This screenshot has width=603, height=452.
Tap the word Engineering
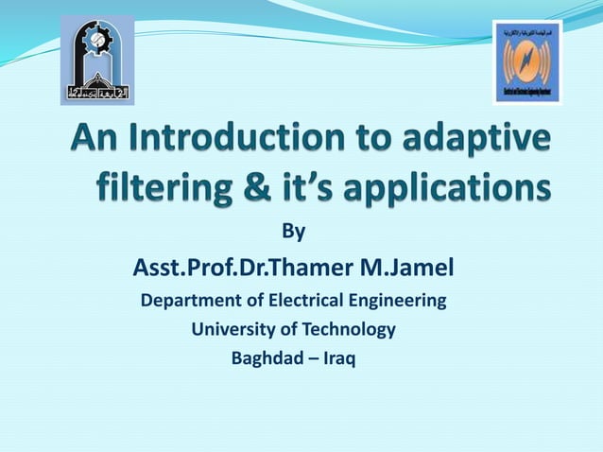[396, 302]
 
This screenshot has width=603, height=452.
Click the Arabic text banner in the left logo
[95, 94]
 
